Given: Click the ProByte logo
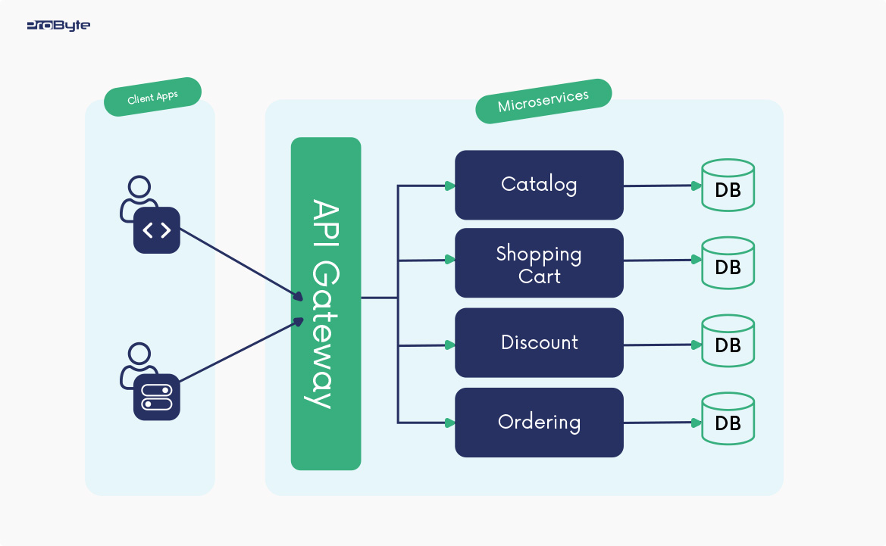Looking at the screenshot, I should pos(58,26).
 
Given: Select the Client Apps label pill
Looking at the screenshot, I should pos(152,97).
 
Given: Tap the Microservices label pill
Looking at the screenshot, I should pos(543,101).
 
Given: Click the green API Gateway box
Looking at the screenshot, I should pos(326,303).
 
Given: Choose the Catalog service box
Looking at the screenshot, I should pos(539,185).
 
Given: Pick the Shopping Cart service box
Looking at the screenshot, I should pos(539,264).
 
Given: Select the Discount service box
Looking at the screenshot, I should pos(539,342).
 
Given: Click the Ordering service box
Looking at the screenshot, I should pos(539,422).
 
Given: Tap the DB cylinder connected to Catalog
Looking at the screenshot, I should pos(728,185).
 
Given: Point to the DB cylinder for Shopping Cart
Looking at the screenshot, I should pos(728,263).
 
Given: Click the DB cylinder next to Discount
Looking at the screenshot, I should pos(728,342).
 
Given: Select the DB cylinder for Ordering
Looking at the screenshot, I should pos(728,419).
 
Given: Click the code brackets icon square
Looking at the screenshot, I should pos(157,230).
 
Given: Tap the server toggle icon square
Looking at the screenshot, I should pos(157,397).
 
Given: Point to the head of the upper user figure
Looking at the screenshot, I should pos(139,186).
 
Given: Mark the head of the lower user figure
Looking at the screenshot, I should pos(139,353).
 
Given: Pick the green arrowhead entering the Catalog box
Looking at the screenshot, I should pos(449,185).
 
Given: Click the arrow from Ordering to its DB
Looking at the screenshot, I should pos(659,423).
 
